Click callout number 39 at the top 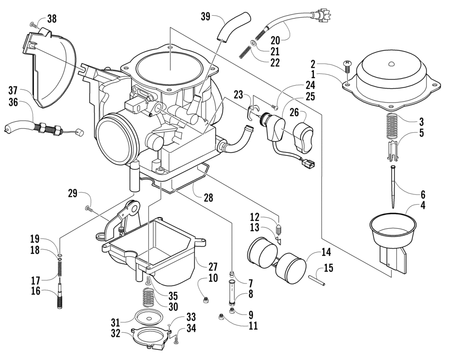click(x=206, y=16)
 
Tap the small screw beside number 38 click(x=34, y=25)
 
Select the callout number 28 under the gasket click(x=208, y=198)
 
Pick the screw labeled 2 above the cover click(x=347, y=67)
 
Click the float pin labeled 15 click(x=316, y=280)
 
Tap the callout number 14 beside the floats click(x=326, y=252)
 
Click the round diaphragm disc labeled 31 click(x=148, y=318)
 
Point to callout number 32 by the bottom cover click(x=116, y=334)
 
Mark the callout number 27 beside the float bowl click(x=213, y=267)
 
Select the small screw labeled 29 click(x=89, y=209)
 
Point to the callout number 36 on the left click(x=13, y=103)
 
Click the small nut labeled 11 click(x=221, y=318)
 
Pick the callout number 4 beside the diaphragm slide click(x=423, y=205)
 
